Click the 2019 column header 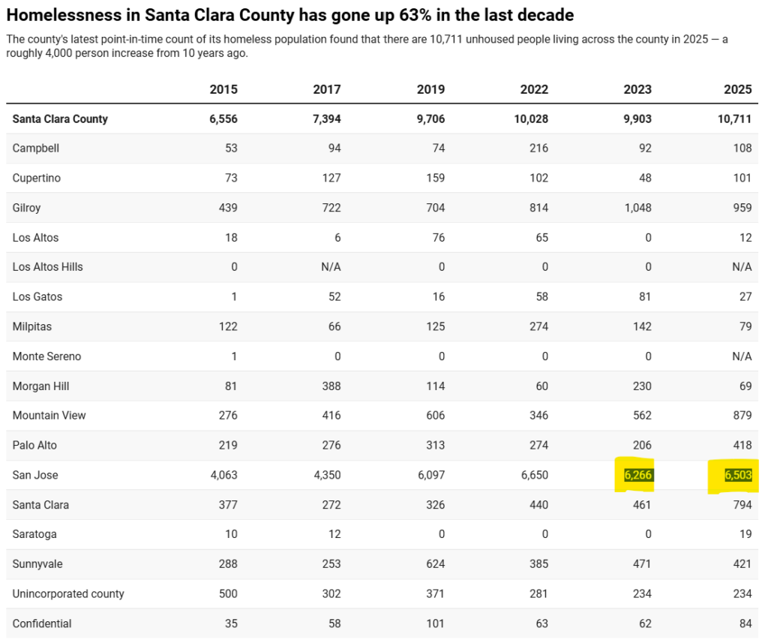430,89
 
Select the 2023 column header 637,89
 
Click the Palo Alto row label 34,446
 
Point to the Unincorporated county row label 68,594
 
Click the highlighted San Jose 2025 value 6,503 738,476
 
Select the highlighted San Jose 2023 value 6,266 637,476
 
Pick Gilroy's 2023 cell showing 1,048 637,208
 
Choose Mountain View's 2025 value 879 742,416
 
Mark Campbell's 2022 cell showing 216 538,149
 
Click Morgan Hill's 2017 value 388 331,386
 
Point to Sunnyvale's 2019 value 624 434,564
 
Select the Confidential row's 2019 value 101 434,623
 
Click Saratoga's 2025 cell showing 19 745,534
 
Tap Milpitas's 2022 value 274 538,326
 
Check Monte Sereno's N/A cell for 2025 740,356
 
